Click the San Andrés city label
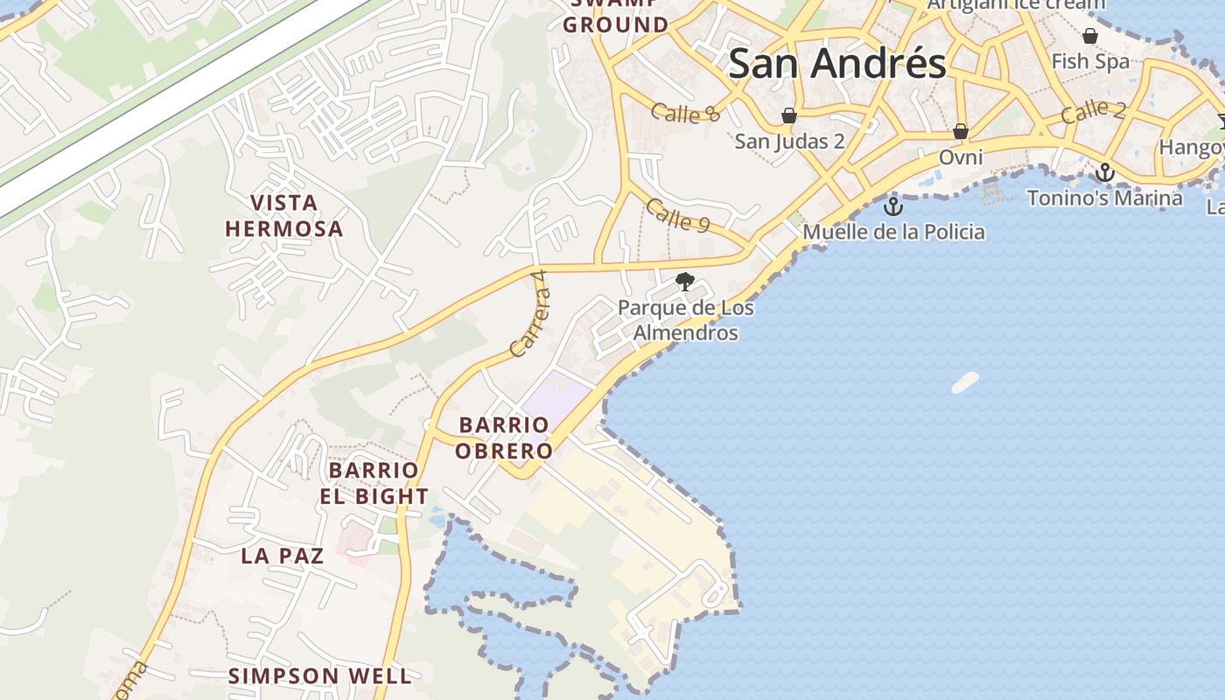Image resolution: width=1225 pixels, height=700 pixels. tap(837, 64)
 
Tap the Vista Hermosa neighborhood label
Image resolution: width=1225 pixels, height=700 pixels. tap(283, 216)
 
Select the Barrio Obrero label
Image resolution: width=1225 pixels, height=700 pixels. tap(506, 437)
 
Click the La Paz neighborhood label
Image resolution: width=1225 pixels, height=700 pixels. tap(283, 555)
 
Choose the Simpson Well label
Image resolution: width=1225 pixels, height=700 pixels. tap(319, 675)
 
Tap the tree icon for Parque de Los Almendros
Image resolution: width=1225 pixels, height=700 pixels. tap(685, 282)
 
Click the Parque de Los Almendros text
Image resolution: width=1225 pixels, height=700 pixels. tap(685, 320)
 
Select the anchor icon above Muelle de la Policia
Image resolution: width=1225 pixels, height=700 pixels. tap(892, 206)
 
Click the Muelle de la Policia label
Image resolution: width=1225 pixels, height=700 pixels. tap(893, 232)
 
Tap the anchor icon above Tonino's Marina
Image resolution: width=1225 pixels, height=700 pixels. tap(1105, 172)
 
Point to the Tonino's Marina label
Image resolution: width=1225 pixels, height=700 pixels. tap(1104, 198)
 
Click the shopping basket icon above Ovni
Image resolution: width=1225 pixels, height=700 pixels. tap(960, 131)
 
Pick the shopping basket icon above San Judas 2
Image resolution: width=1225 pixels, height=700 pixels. tap(789, 115)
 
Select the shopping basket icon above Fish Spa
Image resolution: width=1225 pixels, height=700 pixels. tap(1090, 36)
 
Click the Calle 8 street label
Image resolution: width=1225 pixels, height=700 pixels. tap(686, 113)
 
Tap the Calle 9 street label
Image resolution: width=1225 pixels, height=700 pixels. tap(677, 215)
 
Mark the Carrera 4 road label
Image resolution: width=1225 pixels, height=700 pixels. tap(528, 313)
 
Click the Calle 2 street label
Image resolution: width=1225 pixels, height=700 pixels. tap(1093, 111)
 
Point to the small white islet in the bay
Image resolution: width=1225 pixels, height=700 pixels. tap(965, 382)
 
